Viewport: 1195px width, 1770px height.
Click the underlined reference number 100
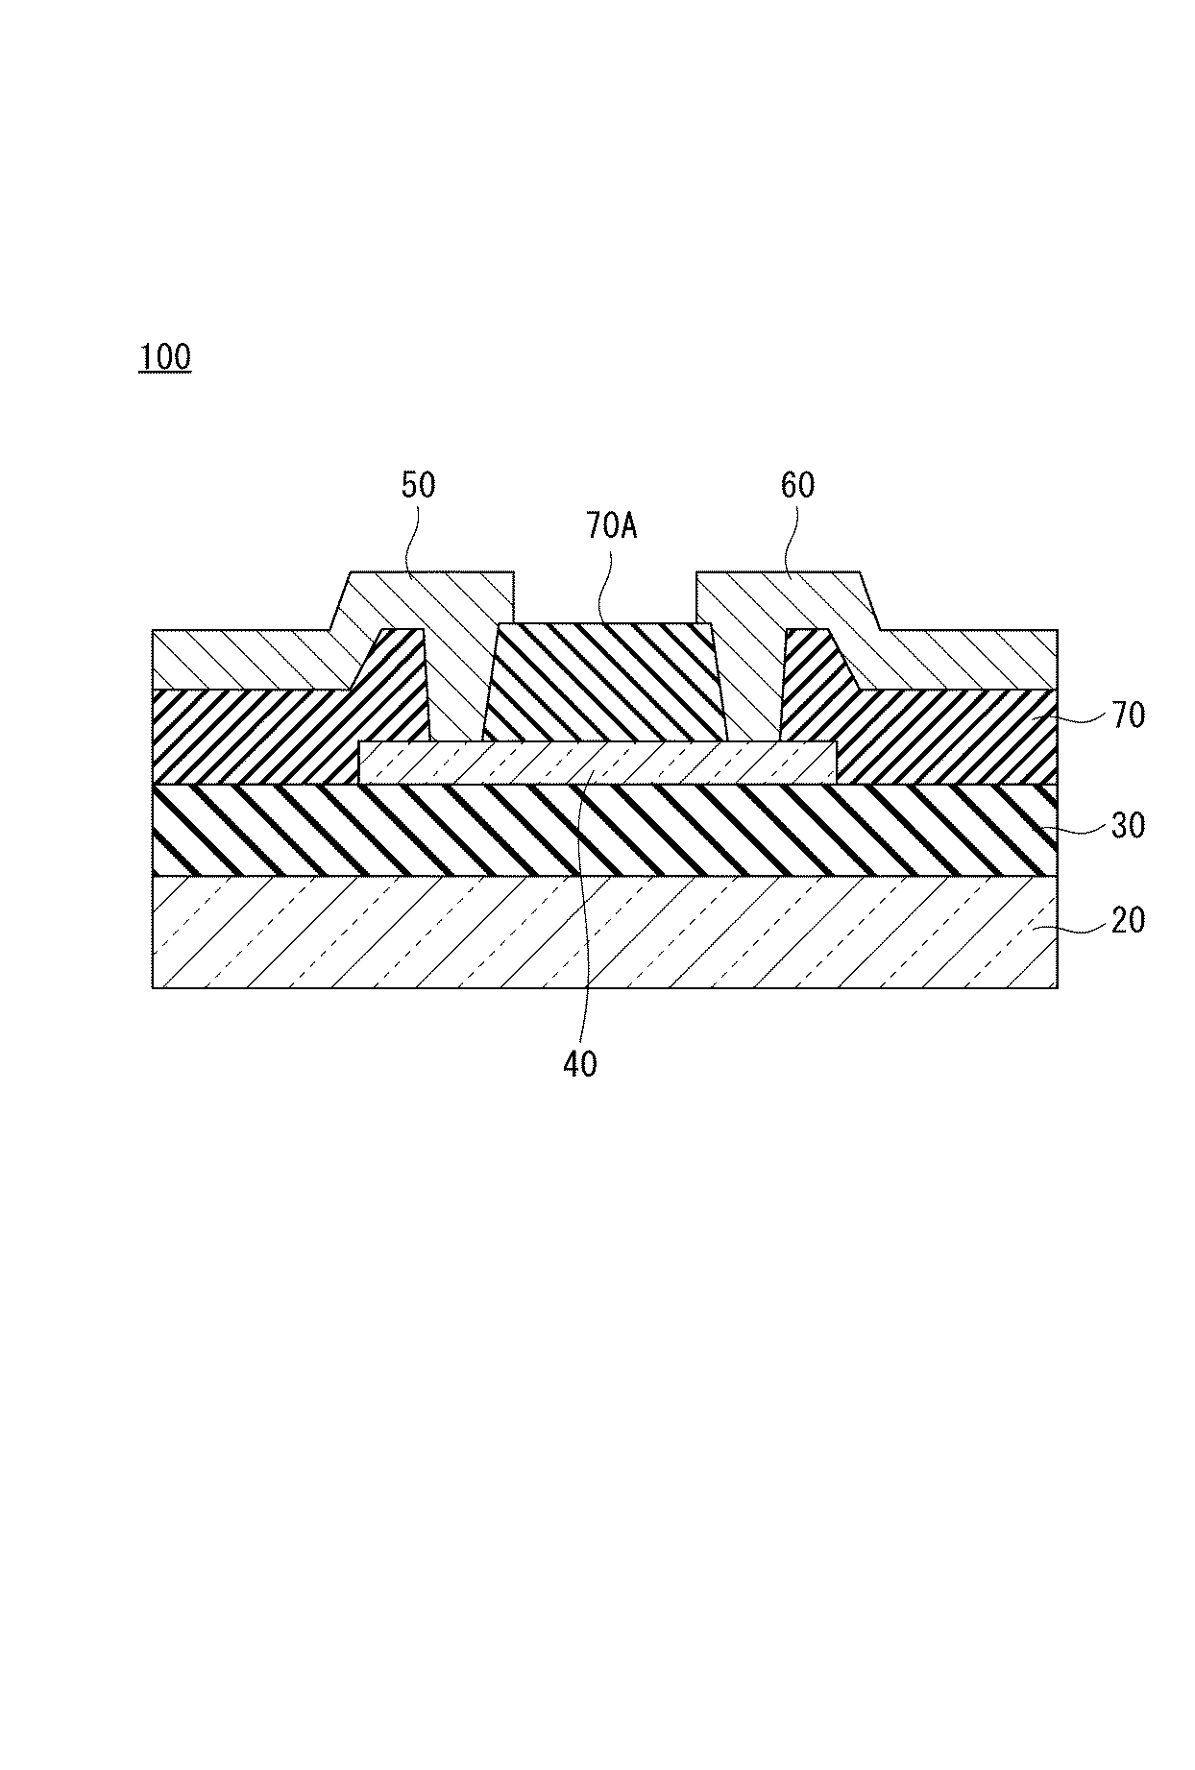(x=165, y=357)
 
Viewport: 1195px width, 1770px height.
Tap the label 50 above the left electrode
(x=418, y=485)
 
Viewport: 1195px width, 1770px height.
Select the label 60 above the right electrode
(x=797, y=485)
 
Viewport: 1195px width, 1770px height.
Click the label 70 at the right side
(x=1129, y=715)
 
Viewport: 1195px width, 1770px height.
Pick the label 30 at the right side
(x=1129, y=825)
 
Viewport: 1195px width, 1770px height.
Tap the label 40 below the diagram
(x=580, y=1063)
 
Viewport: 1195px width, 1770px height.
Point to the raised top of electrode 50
(x=432, y=595)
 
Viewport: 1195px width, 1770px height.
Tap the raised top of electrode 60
(x=778, y=595)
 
